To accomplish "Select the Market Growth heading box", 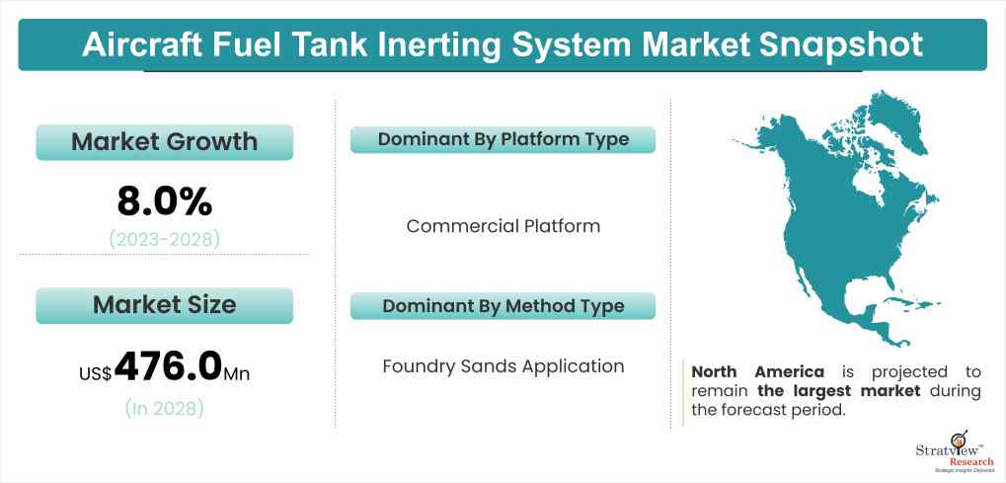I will pyautogui.click(x=164, y=141).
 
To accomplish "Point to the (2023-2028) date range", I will pyautogui.click(x=164, y=237).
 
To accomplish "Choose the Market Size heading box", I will pyautogui.click(x=164, y=304).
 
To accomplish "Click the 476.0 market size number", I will pyautogui.click(x=168, y=365).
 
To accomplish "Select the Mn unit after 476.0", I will pyautogui.click(x=237, y=373).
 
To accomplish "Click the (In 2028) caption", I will pyautogui.click(x=164, y=408).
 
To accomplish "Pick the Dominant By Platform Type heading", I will pyautogui.click(x=503, y=139).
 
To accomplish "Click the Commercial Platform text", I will pyautogui.click(x=503, y=226).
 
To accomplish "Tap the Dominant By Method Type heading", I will pyautogui.click(x=503, y=305).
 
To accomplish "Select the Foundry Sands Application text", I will pyautogui.click(x=503, y=366).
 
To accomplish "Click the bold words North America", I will pyautogui.click(x=758, y=372).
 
